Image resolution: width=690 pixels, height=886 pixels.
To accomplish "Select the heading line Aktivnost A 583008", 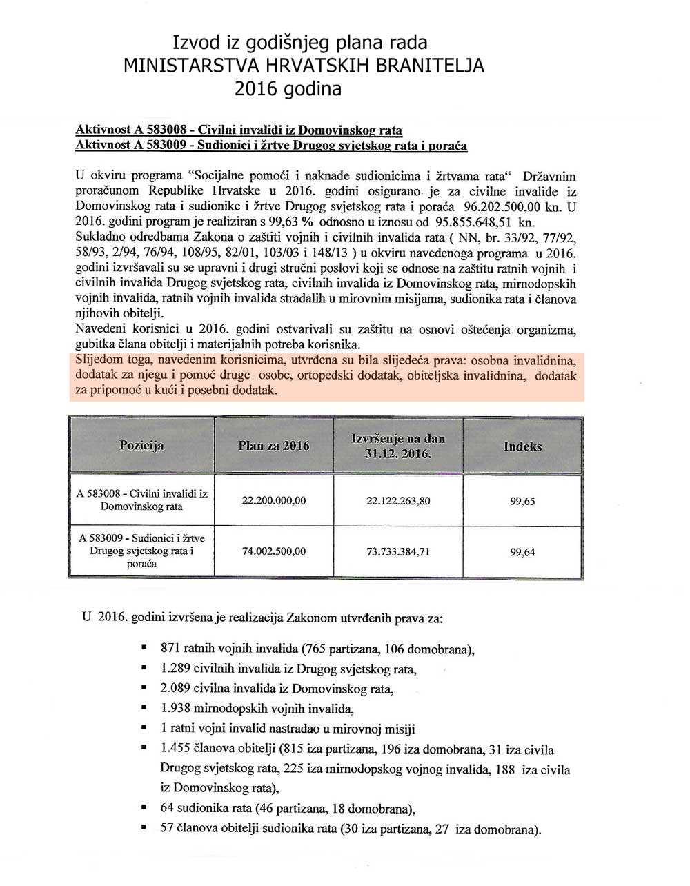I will (x=238, y=130).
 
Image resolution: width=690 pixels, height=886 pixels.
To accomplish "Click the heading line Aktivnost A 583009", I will (x=270, y=146).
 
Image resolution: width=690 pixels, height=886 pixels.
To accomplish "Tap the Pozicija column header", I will (x=141, y=445).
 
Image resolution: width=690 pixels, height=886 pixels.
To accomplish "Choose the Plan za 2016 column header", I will (x=273, y=446).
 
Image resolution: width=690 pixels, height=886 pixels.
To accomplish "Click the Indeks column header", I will (x=522, y=446).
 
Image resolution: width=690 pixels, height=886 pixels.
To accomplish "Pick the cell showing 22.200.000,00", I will (x=273, y=501).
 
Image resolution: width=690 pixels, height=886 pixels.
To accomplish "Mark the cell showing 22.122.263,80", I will (x=398, y=501).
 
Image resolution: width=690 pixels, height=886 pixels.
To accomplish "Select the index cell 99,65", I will (x=522, y=502).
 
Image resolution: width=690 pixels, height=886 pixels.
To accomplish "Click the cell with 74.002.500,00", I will (x=273, y=551).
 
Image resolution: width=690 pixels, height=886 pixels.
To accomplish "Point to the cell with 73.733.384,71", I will (x=398, y=551).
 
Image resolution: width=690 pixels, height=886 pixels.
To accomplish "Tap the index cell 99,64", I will (x=522, y=552).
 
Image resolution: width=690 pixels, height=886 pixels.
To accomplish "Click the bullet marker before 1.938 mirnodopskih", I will (x=144, y=708).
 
